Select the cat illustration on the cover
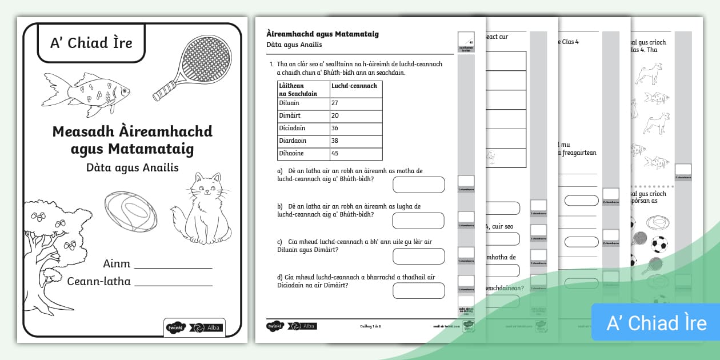pos(206,209)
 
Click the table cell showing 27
pos(356,103)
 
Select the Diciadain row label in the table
pos(303,129)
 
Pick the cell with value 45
pos(356,154)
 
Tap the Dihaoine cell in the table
pos(303,154)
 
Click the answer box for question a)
pos(418,185)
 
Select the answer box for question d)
pos(418,291)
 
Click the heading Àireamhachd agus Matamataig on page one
pos(322,34)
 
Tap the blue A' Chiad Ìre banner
pos(656,323)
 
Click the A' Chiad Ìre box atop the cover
pos(91,43)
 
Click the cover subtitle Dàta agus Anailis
pos(133,168)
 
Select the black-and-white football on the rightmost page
pos(659,245)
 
